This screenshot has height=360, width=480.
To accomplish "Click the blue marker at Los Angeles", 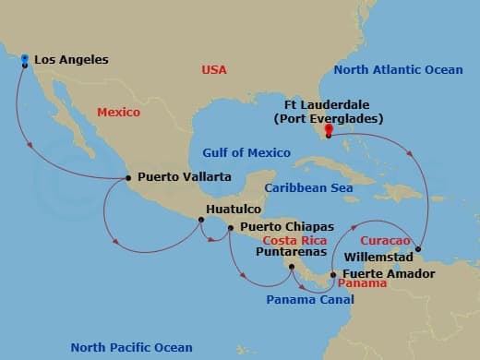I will pos(22,58).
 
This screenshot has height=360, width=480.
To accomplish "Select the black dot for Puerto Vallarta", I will pos(127,177).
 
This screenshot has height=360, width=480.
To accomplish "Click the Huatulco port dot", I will pos(198,220).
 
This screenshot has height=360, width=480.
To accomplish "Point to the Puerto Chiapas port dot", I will pos(231,226).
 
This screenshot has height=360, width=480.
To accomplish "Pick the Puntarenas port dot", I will pos(291,268).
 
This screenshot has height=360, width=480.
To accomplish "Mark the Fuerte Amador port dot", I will pos(333,274).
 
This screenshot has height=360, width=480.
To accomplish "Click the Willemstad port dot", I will pos(418,248).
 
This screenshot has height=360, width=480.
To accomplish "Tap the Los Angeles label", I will pos(70,60).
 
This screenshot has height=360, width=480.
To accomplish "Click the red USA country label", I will pos(215,70).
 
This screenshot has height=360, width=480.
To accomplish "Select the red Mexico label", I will pos(118,113).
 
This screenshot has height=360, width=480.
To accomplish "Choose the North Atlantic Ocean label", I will pos(398,70).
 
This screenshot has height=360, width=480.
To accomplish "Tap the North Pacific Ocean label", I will pos(132,347).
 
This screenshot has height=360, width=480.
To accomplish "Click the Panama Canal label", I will pos(304,300).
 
